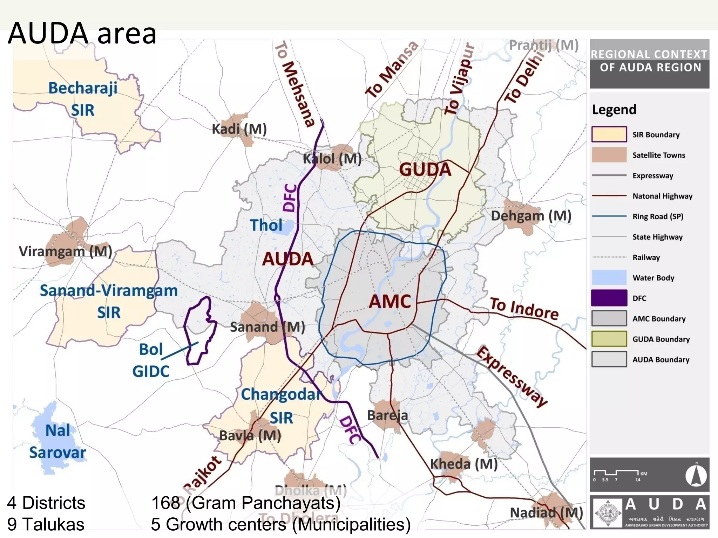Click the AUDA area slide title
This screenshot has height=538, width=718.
[82, 34]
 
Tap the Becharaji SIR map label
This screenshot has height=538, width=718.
[83, 99]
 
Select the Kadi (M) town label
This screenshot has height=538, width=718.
[239, 129]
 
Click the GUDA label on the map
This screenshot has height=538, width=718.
[425, 170]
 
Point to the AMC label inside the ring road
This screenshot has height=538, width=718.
[390, 302]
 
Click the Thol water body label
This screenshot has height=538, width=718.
[266, 225]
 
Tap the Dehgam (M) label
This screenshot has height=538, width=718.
[531, 216]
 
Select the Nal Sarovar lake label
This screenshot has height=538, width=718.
[58, 441]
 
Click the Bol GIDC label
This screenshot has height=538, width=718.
[151, 360]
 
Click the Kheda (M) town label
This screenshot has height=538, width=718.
[463, 464]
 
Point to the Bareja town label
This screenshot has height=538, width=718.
[387, 416]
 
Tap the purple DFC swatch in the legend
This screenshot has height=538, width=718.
[609, 298]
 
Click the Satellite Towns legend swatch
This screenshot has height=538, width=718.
[609, 155]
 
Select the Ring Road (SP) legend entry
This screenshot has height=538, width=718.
[657, 216]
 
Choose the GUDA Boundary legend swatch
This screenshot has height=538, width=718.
[609, 339]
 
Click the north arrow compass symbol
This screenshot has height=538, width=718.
[696, 476]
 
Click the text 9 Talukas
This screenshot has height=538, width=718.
[46, 524]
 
